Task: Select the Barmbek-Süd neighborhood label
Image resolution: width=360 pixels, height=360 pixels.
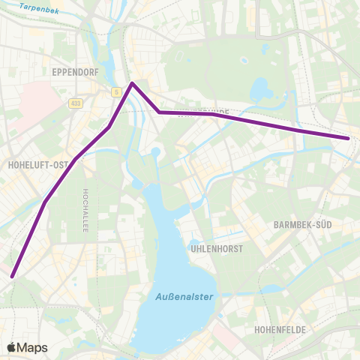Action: tap(303, 224)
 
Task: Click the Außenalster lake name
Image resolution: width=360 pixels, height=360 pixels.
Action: tap(184, 297)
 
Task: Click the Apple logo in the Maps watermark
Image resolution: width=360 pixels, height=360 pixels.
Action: tap(12, 347)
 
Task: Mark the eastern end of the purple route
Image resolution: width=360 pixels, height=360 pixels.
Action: tap(348, 138)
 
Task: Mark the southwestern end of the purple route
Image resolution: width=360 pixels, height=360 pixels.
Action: tap(12, 276)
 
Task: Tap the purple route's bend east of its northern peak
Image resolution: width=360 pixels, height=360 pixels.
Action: tap(159, 112)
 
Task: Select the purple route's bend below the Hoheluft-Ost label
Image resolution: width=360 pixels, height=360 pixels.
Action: tap(45, 202)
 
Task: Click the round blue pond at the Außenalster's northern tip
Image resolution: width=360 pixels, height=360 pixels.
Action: tap(155, 152)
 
